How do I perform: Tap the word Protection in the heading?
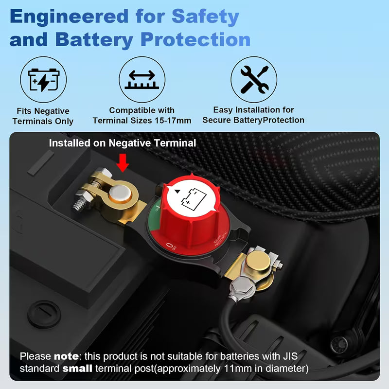tap(195, 40)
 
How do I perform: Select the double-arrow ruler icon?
tap(142, 79)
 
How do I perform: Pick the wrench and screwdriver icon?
tap(254, 79)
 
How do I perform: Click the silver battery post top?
tap(118, 196)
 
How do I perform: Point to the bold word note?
tap(66, 356)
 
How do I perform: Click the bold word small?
tap(78, 368)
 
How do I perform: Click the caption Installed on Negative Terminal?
tap(123, 143)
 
